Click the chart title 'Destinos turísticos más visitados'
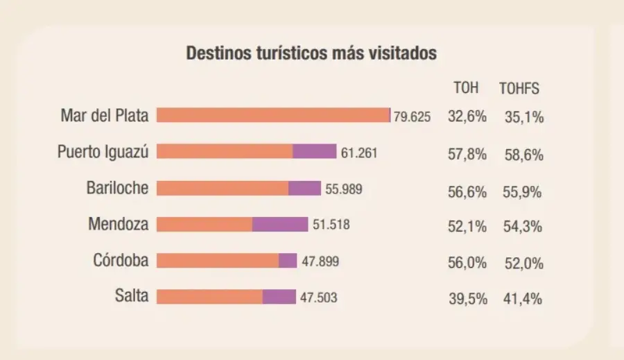tap(311, 53)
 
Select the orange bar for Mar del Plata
tap(273, 115)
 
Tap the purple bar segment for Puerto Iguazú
tap(314, 151)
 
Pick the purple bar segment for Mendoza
tap(280, 224)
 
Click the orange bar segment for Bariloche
tap(222, 188)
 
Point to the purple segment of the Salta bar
tap(279, 297)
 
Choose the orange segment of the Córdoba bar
tap(217, 261)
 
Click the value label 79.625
tap(413, 117)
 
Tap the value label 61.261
tap(359, 153)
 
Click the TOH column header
tap(466, 88)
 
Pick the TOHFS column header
tap(519, 89)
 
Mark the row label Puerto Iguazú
tap(103, 152)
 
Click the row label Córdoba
tap(121, 261)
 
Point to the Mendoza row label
tap(119, 224)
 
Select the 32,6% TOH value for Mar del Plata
tap(467, 117)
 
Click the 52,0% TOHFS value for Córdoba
tap(523, 264)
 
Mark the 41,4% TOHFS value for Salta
tap(523, 300)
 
